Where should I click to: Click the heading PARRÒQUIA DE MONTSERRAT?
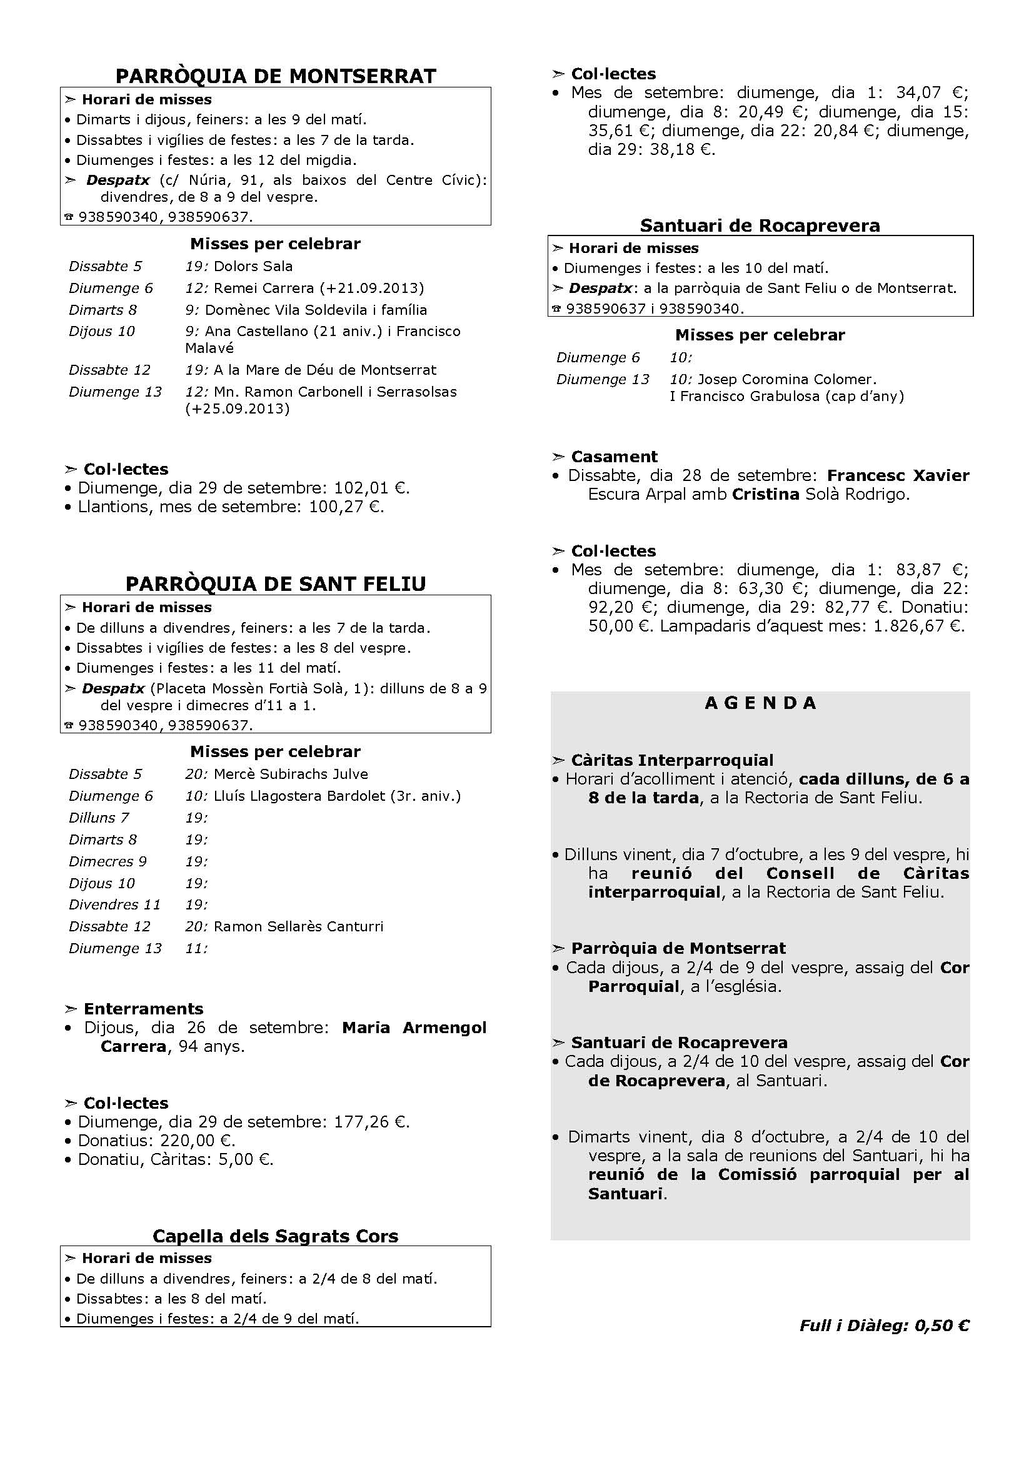[276, 76]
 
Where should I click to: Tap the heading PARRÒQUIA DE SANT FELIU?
[276, 583]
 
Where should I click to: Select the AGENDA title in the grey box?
[760, 703]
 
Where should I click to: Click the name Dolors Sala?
[253, 266]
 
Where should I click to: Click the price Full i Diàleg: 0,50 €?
[885, 1325]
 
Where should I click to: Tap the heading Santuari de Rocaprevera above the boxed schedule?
[760, 225]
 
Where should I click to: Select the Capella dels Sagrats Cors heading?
[276, 1236]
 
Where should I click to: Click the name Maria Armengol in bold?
[414, 1028]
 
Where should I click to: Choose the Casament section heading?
[614, 456]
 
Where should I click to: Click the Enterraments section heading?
[143, 1009]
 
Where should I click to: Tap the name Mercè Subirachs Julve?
[290, 774]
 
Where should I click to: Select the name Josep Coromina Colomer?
[786, 379]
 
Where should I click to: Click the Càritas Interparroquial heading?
[671, 760]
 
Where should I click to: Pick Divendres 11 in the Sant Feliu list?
[114, 904]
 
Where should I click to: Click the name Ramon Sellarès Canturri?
[298, 926]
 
